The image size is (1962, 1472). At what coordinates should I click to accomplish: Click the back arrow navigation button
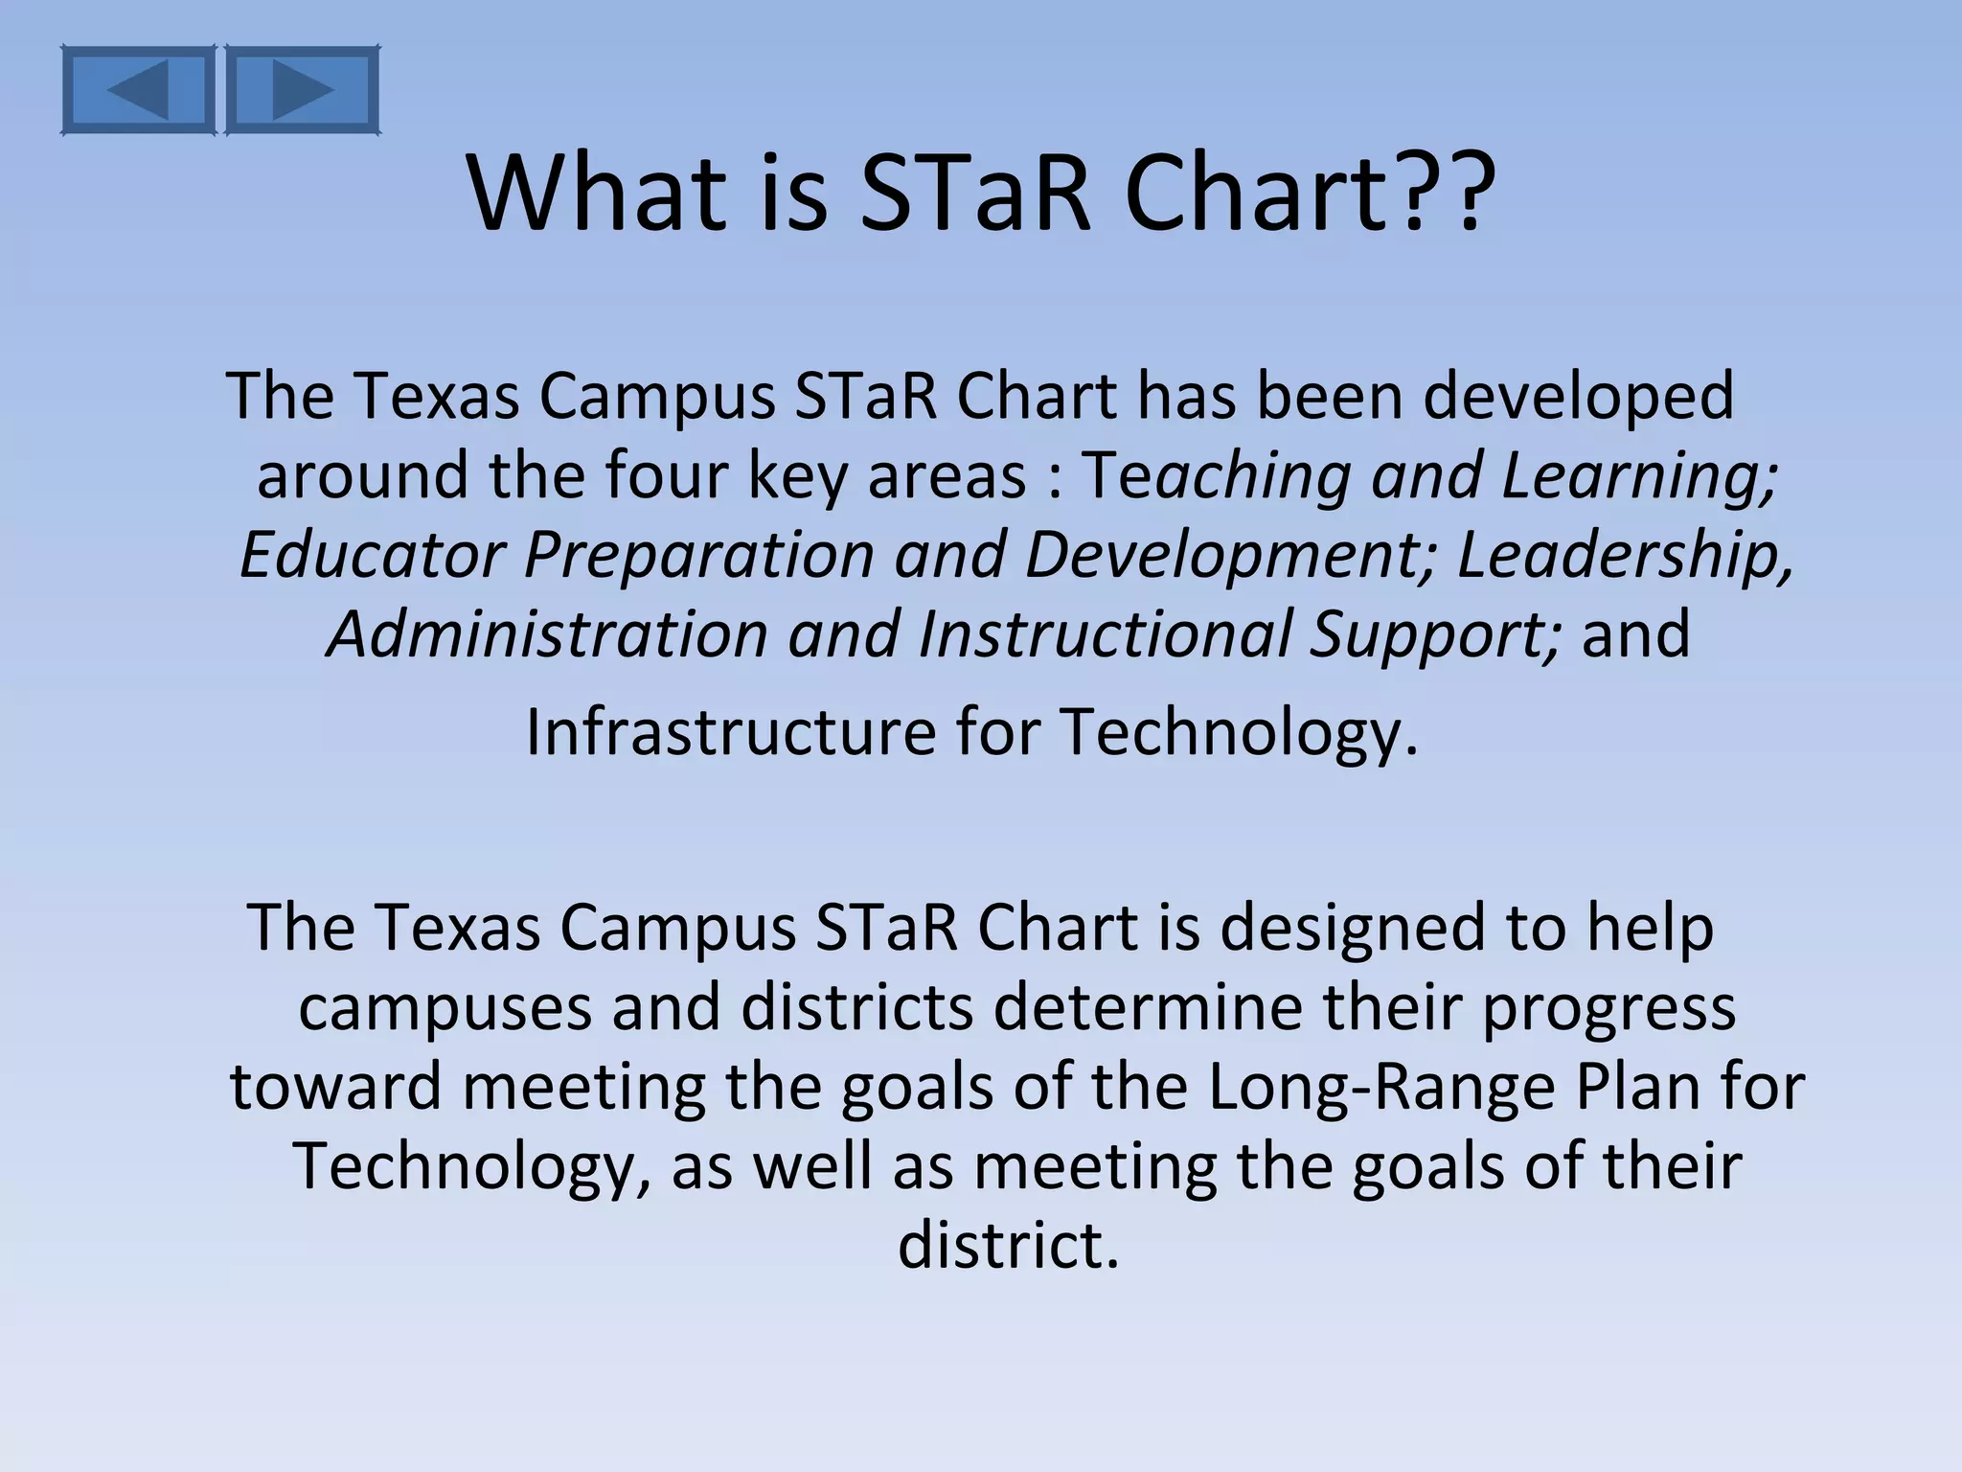[138, 89]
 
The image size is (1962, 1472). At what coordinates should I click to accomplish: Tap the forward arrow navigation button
[303, 89]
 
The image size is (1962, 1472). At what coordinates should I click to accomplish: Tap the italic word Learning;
[1639, 477]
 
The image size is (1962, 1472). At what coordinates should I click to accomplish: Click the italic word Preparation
[699, 557]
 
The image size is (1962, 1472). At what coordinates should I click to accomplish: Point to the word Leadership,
[1625, 557]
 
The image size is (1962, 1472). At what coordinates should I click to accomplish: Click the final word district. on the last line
[1008, 1246]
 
